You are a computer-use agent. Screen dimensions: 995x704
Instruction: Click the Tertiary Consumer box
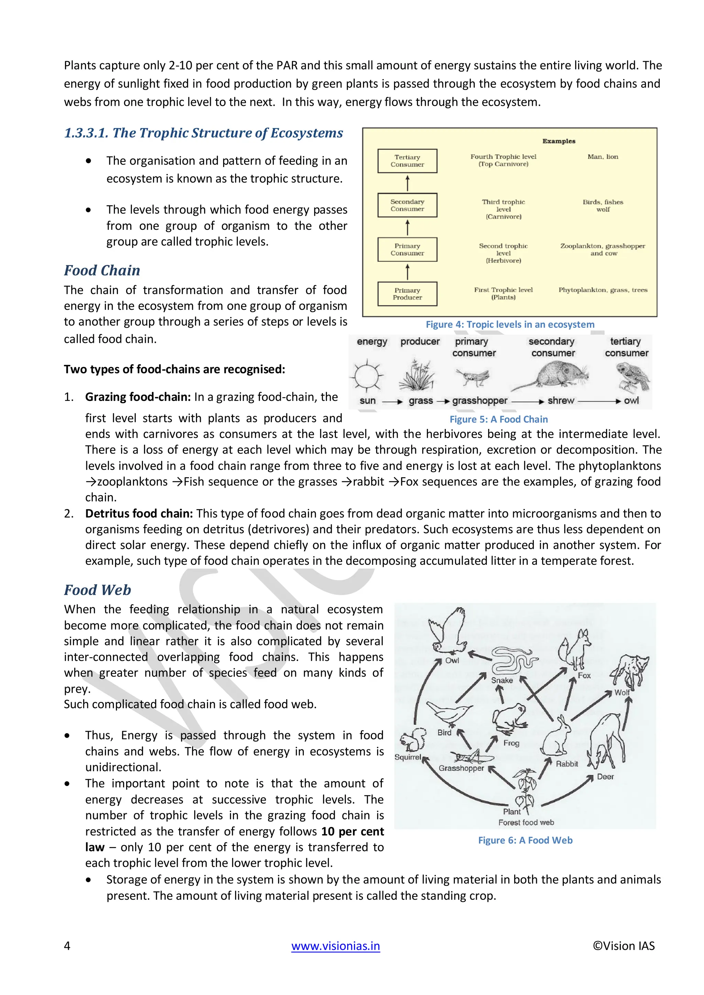(407, 161)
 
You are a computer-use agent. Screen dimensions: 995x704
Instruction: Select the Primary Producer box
(407, 294)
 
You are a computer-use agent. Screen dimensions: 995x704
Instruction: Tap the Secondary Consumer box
(407, 205)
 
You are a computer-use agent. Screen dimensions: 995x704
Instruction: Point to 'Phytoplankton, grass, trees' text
(603, 290)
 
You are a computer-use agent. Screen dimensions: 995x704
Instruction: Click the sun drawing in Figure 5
(367, 375)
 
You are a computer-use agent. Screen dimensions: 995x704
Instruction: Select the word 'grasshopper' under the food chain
(480, 401)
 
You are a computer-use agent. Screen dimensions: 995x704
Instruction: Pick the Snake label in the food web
(502, 680)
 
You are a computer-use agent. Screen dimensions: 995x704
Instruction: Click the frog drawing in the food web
(509, 717)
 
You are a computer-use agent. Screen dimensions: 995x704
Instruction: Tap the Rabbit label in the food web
(566, 763)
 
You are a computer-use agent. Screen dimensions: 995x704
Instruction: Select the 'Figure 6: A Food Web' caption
(525, 840)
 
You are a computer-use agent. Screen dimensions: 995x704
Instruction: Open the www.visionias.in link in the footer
(335, 946)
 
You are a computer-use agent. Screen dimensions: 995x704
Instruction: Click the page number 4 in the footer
(67, 946)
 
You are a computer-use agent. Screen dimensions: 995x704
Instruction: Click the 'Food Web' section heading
(98, 590)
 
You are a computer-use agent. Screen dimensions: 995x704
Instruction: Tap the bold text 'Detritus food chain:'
(139, 514)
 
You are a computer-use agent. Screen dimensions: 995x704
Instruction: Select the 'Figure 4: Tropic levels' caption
(510, 325)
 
